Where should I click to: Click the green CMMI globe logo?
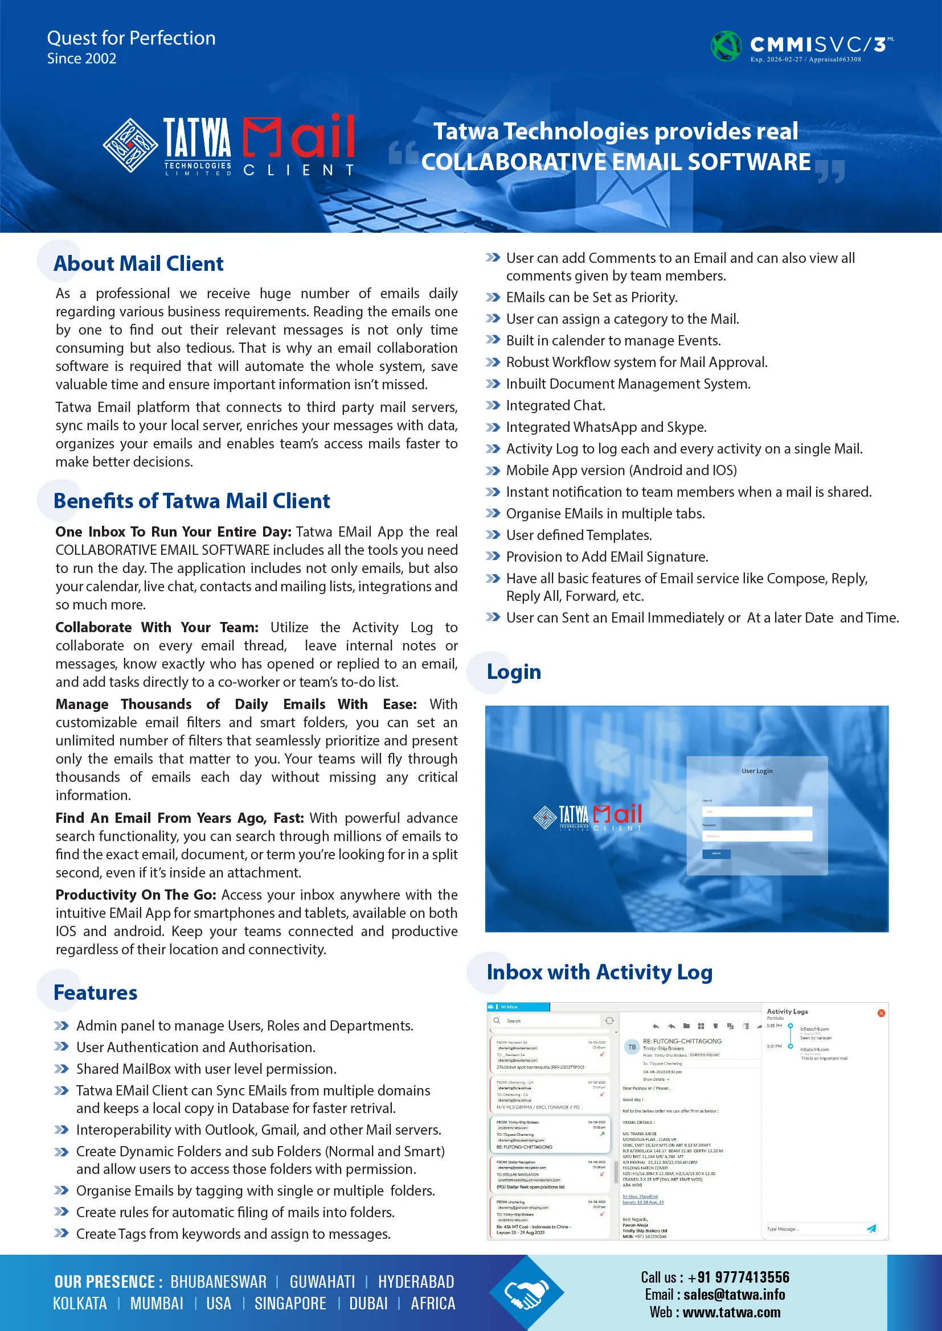coord(726,46)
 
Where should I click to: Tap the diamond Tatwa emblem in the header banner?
coord(130,145)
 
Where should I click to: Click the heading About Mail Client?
coord(138,264)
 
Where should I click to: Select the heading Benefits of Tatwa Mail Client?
coord(191,501)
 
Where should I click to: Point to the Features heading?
coord(95,992)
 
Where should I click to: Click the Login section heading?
coord(513,672)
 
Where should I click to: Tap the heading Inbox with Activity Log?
coord(599,972)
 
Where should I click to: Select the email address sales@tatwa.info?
coord(734,1295)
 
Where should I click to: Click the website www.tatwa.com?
coord(731,1312)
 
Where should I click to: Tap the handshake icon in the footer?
coord(526,1293)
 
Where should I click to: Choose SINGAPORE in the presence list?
coord(290,1304)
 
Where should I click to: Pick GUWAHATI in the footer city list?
coord(322,1281)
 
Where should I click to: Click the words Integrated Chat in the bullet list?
coord(555,406)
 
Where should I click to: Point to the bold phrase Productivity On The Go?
coord(136,895)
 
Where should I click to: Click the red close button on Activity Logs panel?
coord(881,1013)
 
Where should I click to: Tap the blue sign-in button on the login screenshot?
coord(716,854)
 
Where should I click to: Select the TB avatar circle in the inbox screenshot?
coord(632,1047)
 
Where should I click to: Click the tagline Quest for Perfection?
coord(131,38)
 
